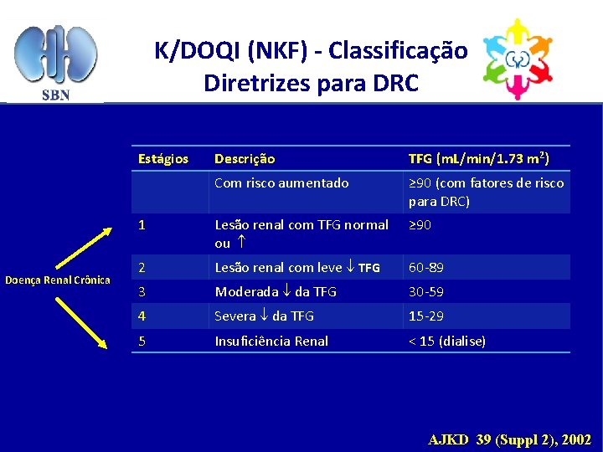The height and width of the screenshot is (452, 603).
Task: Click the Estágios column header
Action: [163, 158]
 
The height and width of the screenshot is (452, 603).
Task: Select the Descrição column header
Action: [245, 158]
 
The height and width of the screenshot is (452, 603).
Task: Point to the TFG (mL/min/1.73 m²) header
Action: [479, 158]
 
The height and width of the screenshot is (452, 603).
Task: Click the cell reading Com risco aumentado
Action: [281, 182]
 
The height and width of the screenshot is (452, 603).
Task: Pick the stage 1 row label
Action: [142, 224]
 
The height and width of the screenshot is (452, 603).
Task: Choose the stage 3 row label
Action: [142, 291]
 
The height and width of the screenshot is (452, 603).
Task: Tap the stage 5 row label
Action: [142, 341]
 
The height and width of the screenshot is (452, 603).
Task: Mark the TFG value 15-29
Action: [427, 316]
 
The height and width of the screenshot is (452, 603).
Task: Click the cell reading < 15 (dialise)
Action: [446, 341]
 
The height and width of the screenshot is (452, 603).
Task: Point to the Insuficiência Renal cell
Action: [271, 341]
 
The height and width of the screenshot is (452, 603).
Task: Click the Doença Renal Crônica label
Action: [58, 280]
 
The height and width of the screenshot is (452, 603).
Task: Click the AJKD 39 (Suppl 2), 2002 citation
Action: [509, 439]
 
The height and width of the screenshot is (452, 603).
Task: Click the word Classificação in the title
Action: [398, 50]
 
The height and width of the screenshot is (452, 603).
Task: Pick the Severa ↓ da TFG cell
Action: [264, 316]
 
